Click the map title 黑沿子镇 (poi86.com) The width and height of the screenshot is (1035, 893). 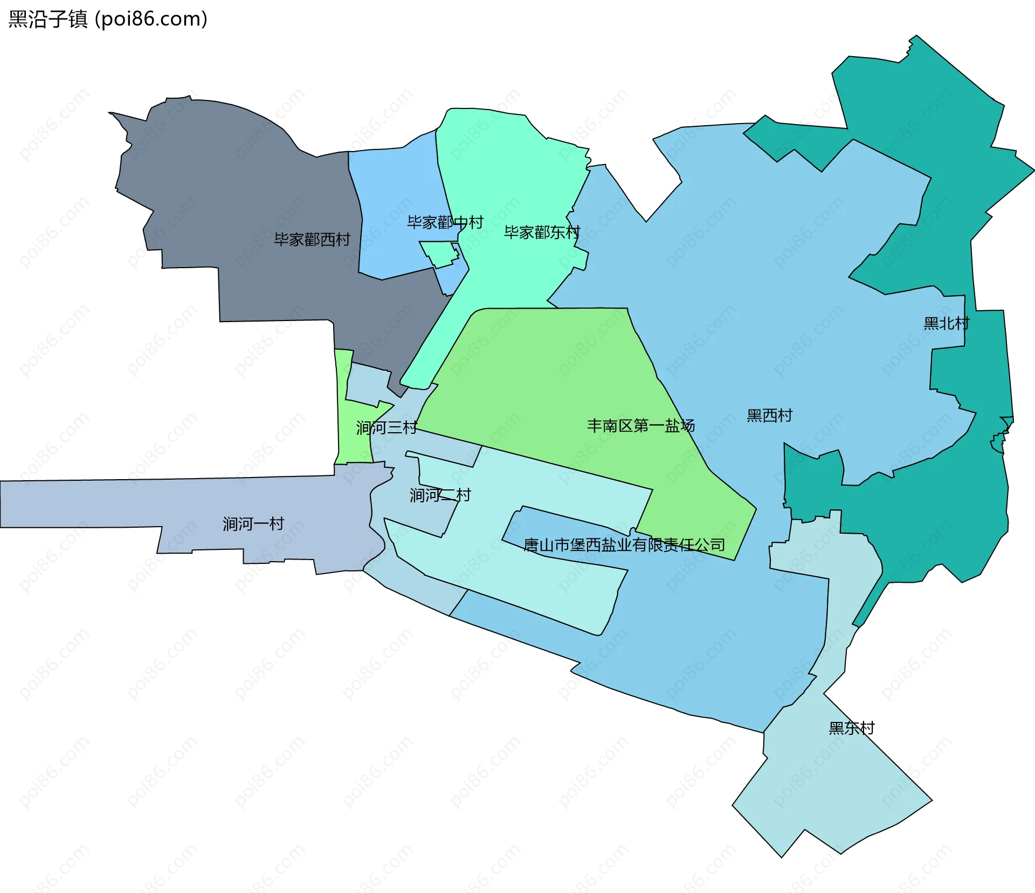[x=108, y=19]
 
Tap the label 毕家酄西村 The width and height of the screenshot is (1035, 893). [x=312, y=239]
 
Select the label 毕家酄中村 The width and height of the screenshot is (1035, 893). [x=445, y=222]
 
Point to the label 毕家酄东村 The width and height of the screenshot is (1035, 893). [x=542, y=232]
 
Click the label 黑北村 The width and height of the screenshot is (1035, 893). [x=946, y=323]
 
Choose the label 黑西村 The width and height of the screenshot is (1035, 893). [x=769, y=415]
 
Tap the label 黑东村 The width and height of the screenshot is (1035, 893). [x=851, y=728]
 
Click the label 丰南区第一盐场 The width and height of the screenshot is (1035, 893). [x=640, y=426]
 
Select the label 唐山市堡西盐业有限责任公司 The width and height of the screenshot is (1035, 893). [x=624, y=545]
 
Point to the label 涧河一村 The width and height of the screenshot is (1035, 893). [x=253, y=523]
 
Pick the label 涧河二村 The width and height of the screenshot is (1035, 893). [x=440, y=495]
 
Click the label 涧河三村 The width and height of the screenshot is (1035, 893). [x=386, y=428]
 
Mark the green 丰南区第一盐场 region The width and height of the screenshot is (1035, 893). [x=539, y=378]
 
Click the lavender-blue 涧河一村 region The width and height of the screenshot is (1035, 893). [x=108, y=502]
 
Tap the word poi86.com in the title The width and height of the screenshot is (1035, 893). [x=151, y=19]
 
